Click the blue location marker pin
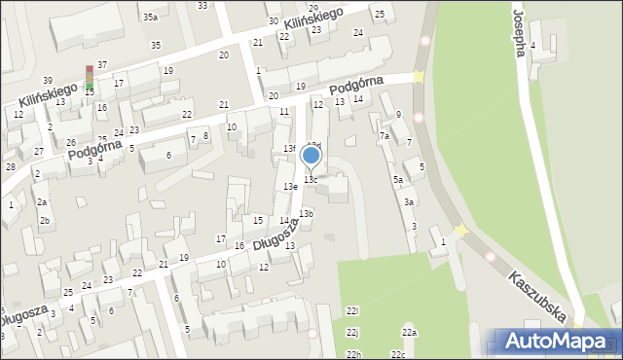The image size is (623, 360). (311, 156)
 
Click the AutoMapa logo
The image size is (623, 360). (557, 341)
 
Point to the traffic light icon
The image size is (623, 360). (90, 78)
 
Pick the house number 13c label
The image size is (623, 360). (310, 180)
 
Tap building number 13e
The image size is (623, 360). (290, 186)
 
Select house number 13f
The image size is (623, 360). (289, 148)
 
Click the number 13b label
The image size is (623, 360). (307, 213)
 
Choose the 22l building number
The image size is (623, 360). (351, 310)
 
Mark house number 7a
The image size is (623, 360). (385, 136)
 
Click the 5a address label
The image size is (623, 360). (398, 180)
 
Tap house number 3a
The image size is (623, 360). (410, 202)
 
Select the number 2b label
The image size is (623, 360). (45, 220)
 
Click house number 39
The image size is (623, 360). (48, 80)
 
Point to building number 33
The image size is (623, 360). (202, 5)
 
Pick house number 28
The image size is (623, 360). (10, 167)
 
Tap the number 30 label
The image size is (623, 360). (273, 20)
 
